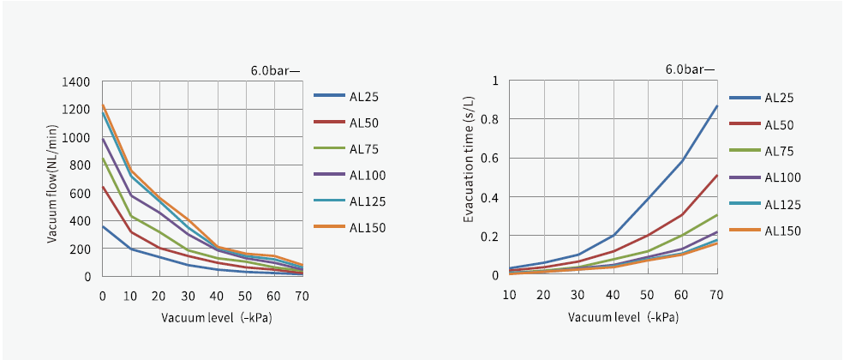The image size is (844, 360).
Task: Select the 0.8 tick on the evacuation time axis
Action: [x=491, y=119]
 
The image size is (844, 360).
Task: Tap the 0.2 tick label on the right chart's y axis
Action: [x=491, y=236]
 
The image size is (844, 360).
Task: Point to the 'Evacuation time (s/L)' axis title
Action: [x=469, y=172]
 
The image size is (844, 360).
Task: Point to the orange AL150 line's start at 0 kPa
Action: [x=103, y=105]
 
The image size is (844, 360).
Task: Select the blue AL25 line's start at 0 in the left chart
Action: [x=103, y=226]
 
